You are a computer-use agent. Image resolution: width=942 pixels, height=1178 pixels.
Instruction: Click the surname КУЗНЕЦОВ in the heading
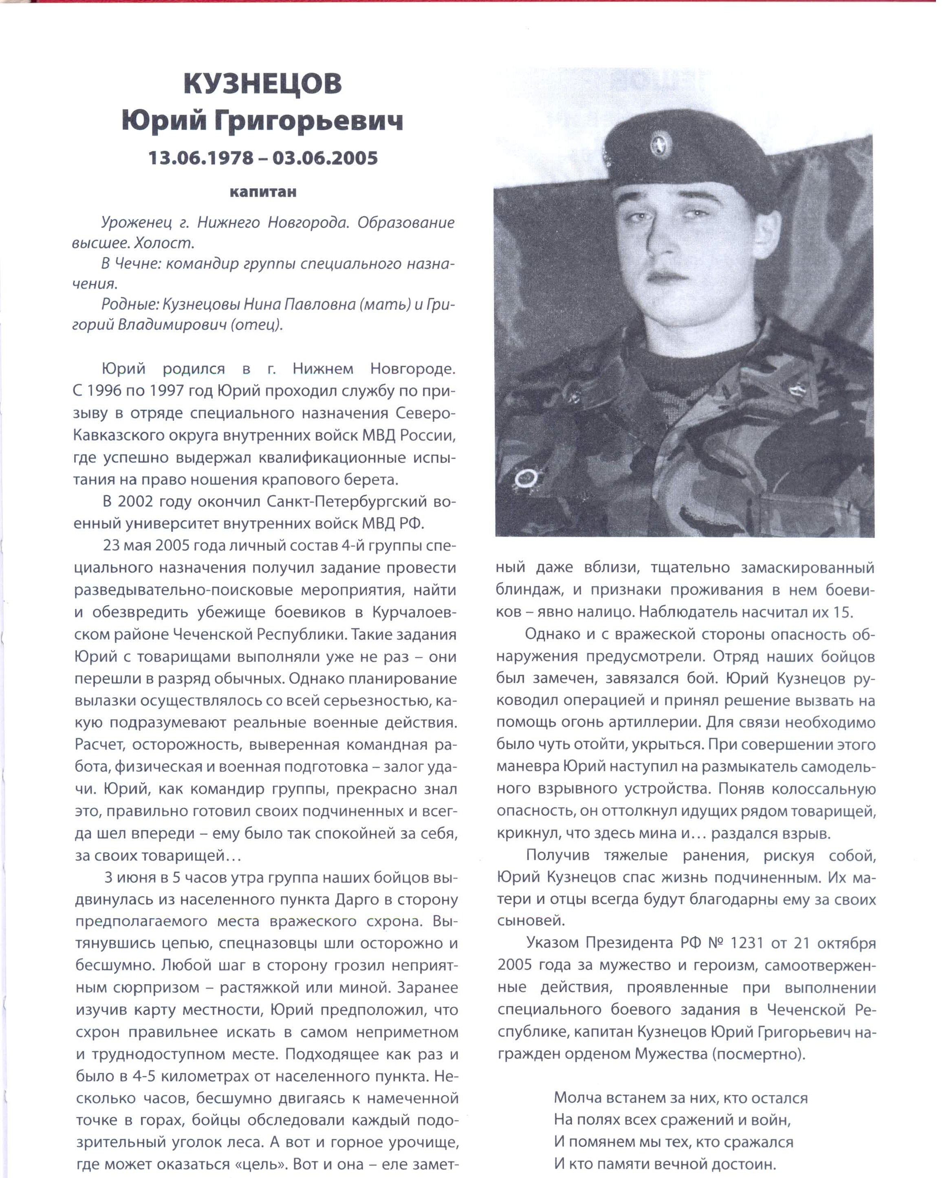click(263, 84)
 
